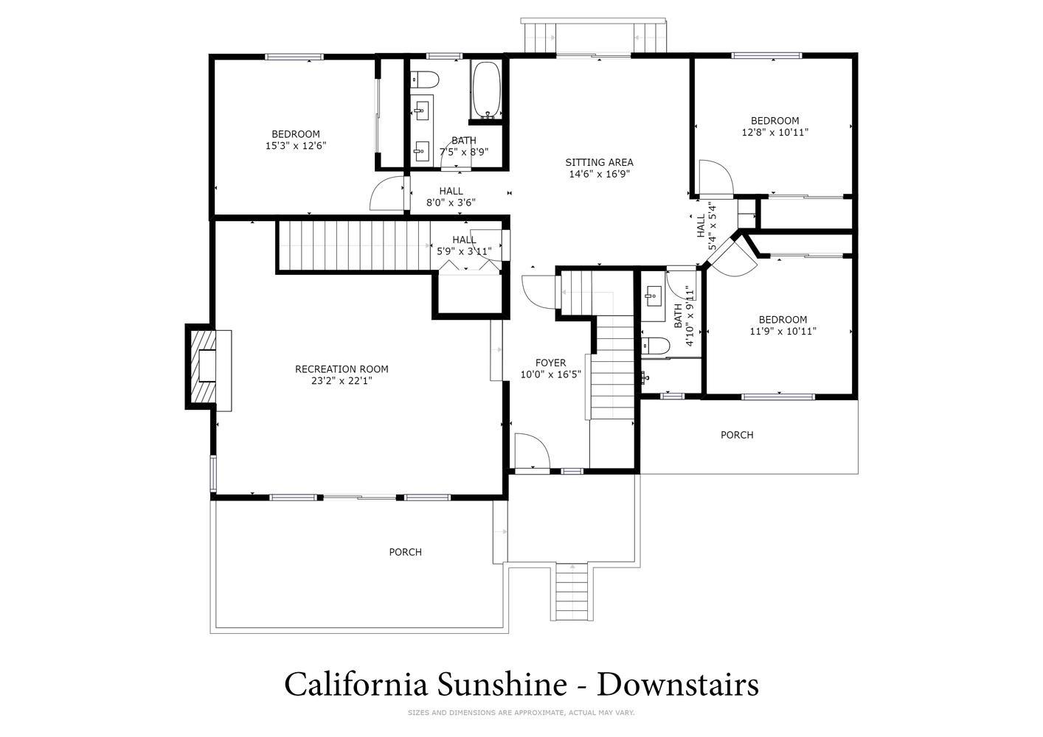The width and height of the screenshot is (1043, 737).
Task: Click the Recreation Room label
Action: click(342, 369)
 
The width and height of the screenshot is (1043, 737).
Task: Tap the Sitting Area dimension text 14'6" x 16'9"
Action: click(599, 174)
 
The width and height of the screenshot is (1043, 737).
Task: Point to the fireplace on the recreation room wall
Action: click(208, 367)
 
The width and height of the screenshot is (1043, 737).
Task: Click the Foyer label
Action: click(550, 363)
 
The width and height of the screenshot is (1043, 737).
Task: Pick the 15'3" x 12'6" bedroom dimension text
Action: click(296, 146)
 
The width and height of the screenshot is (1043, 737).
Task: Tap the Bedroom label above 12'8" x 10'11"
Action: click(775, 121)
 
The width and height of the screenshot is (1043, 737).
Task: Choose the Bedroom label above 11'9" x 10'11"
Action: click(783, 320)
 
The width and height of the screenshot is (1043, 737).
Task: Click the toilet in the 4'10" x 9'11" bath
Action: click(656, 346)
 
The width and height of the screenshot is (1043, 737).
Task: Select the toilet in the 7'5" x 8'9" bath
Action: click(425, 80)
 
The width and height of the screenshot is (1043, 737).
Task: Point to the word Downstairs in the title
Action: click(678, 685)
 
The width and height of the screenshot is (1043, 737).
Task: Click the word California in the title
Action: click(356, 685)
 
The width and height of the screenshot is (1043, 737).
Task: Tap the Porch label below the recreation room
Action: click(405, 552)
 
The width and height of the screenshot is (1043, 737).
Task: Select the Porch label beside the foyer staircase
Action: click(737, 435)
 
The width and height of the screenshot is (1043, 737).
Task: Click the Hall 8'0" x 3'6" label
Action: click(451, 197)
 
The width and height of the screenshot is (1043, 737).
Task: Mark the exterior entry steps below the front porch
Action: click(572, 592)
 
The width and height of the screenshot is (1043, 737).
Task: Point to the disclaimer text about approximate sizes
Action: click(521, 713)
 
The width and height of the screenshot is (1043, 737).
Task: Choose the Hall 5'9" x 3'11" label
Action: click(464, 245)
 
